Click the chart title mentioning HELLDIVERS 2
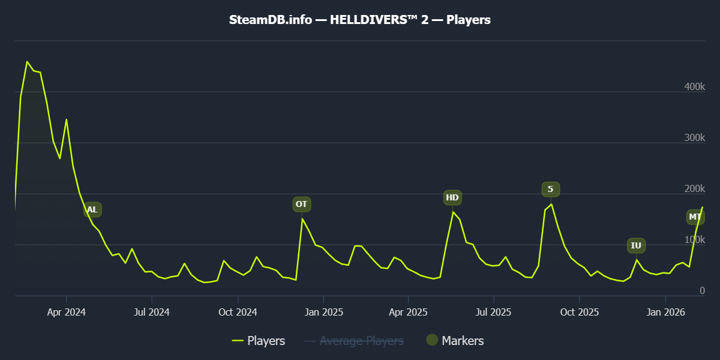pyautogui.click(x=360, y=20)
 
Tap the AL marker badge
pyautogui.click(x=92, y=210)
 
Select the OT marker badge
pyautogui.click(x=302, y=204)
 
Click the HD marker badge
pyautogui.click(x=452, y=197)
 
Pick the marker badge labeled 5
pyautogui.click(x=550, y=190)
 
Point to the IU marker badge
pyautogui.click(x=636, y=245)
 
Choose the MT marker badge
pyautogui.click(x=695, y=217)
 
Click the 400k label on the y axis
pyautogui.click(x=694, y=87)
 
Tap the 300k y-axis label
pyautogui.click(x=694, y=138)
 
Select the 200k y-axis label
pyautogui.click(x=694, y=189)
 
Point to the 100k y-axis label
pyautogui.click(x=694, y=240)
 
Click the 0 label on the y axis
pyautogui.click(x=702, y=291)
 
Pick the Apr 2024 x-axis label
pyautogui.click(x=66, y=312)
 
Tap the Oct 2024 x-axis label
pyautogui.click(x=238, y=312)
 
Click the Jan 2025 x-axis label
pyautogui.click(x=323, y=312)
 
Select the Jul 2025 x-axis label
pyautogui.click(x=494, y=312)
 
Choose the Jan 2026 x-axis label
pyautogui.click(x=665, y=312)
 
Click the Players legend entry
pyautogui.click(x=259, y=341)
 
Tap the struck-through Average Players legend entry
pyautogui.click(x=354, y=341)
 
